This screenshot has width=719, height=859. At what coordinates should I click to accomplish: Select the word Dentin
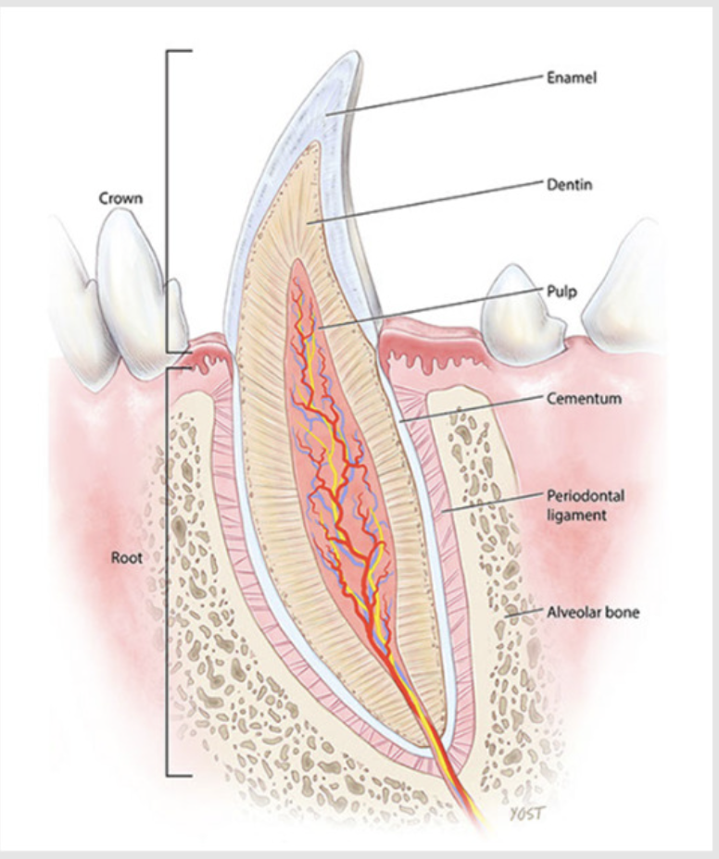568,185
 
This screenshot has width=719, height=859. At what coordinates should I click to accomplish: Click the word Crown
121,198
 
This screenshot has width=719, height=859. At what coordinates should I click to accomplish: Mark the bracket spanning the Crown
169,200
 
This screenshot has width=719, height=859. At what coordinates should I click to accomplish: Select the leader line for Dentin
426,202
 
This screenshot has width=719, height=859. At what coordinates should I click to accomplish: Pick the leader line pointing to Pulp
426,307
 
